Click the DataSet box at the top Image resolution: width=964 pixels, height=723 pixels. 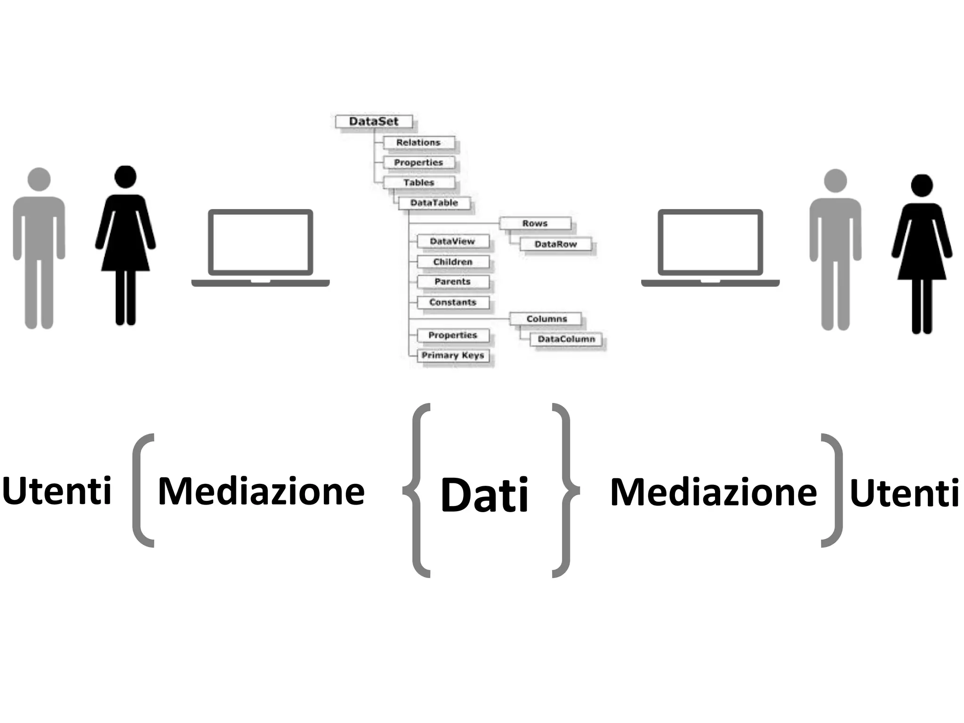pos(374,121)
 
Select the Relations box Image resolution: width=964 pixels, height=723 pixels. pos(418,142)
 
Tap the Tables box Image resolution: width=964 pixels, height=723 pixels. pos(419,182)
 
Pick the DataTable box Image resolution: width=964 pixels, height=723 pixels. pos(434,203)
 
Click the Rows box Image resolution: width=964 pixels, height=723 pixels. pos(535,223)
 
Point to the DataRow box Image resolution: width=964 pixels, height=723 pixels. pos(555,244)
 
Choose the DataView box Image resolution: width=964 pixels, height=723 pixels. pos(453,241)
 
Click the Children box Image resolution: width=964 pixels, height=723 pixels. pos(453,262)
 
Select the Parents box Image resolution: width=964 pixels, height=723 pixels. pos(453,281)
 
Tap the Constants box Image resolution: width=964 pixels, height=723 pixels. pos(453,302)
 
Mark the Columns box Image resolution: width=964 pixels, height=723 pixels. pos(546,319)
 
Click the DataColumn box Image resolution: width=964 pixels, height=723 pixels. pos(566,339)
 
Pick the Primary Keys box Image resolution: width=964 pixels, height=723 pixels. pos(453,355)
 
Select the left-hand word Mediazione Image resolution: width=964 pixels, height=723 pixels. pos(261,491)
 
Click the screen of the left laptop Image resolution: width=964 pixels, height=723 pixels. pos(260,242)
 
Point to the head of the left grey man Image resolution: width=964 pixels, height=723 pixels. pos(39,179)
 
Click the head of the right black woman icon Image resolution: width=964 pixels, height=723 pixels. pos(922,185)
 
